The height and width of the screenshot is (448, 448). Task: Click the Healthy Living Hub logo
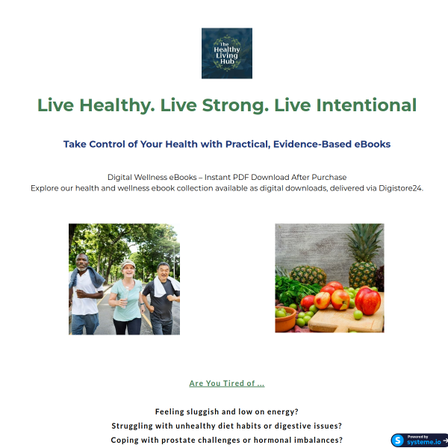click(x=226, y=53)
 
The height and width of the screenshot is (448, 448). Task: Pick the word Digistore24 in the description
click(x=398, y=188)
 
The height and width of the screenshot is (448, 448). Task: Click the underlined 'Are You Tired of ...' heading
click(x=226, y=384)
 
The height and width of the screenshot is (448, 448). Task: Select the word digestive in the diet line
click(x=287, y=426)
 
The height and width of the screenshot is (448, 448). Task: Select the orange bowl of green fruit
click(x=286, y=320)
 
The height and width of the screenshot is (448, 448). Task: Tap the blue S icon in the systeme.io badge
click(x=399, y=440)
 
